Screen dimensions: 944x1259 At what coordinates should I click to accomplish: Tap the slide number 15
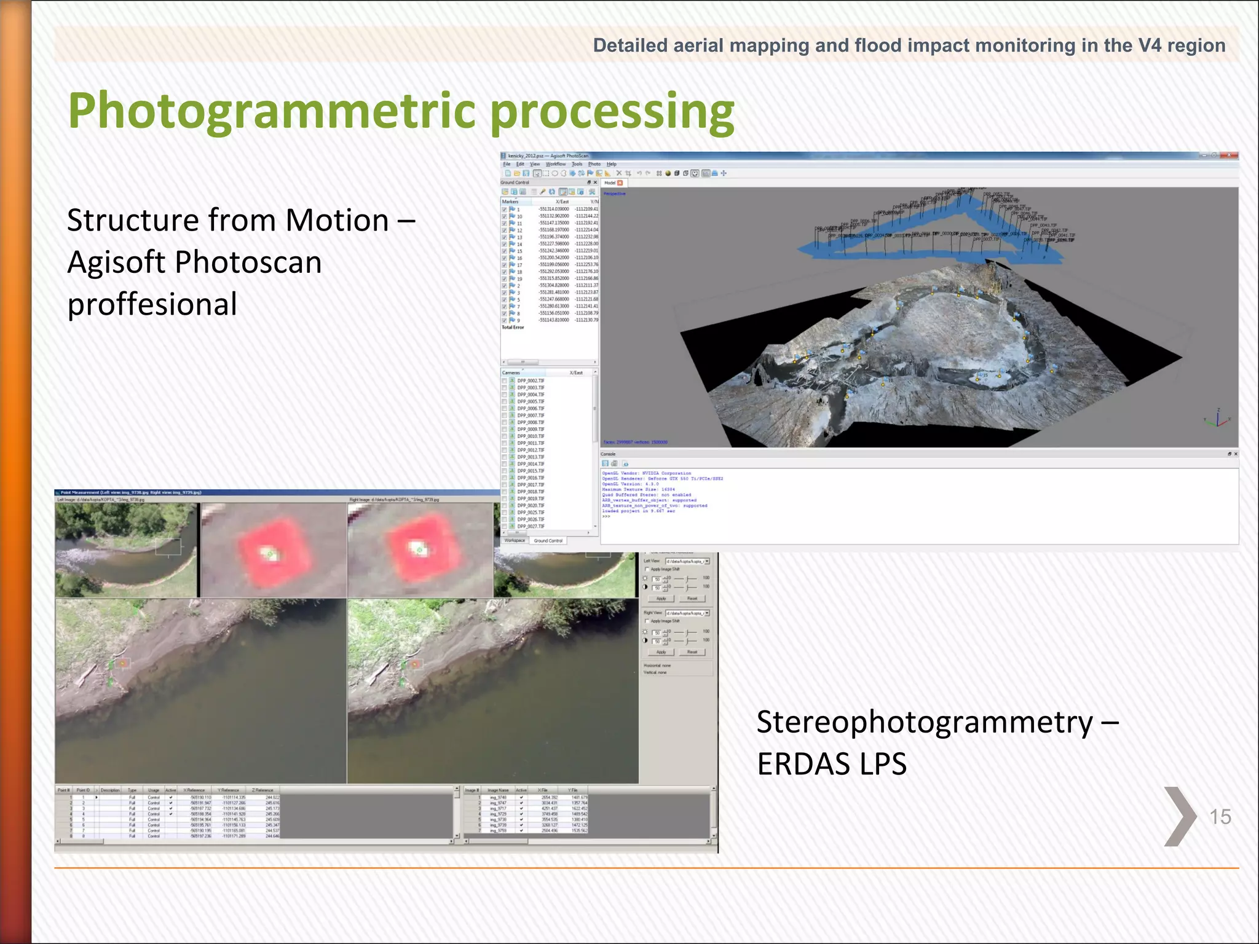(x=1220, y=817)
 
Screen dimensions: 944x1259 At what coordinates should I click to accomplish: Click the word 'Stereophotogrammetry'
(x=924, y=722)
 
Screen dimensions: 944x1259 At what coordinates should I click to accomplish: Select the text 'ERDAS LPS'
(x=831, y=765)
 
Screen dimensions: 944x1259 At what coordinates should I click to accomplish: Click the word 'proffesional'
(x=152, y=304)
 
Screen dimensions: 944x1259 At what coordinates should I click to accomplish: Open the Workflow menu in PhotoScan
(x=556, y=164)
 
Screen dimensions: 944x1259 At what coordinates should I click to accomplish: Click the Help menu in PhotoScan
(x=611, y=164)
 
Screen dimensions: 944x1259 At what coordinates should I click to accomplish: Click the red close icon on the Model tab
(x=620, y=183)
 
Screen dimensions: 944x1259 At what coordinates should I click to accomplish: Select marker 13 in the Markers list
(x=519, y=237)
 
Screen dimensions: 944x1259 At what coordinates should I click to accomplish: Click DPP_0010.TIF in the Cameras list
(x=531, y=436)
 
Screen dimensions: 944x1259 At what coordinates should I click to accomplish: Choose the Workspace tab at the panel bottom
(x=515, y=541)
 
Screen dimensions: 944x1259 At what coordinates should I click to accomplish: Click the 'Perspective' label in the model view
(x=614, y=194)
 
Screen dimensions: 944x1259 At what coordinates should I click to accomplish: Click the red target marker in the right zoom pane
(x=420, y=549)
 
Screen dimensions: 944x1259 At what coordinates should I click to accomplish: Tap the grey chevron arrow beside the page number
(x=1179, y=816)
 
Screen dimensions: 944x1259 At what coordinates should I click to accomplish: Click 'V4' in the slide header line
(x=1149, y=45)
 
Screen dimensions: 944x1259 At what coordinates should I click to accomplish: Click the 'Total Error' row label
(x=513, y=328)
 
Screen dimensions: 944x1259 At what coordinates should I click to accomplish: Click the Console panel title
(x=608, y=454)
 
